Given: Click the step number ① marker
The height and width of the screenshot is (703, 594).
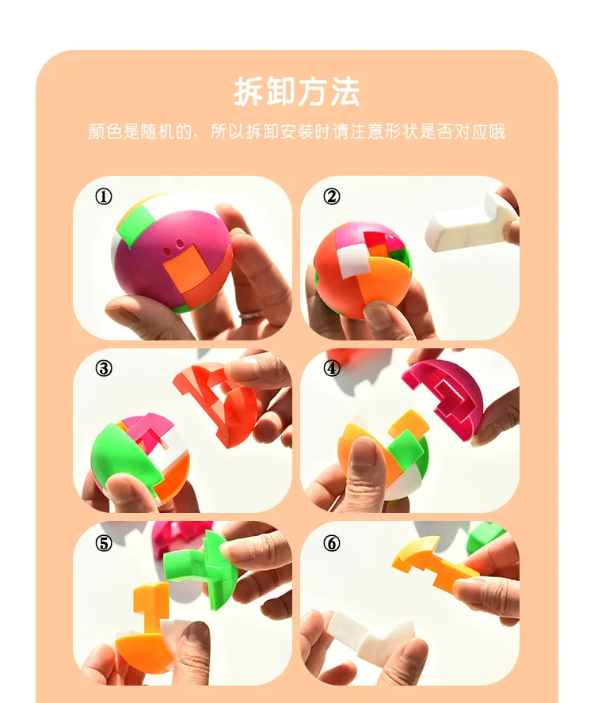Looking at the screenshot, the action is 104,196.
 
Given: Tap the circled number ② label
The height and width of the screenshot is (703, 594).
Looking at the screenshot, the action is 332,196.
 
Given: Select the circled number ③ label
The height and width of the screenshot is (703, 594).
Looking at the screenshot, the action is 104,369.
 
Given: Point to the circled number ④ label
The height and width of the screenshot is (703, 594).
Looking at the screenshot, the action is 332,369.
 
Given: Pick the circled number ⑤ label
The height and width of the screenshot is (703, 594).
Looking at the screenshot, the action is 104,543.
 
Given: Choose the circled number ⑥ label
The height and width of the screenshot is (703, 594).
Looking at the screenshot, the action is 332,543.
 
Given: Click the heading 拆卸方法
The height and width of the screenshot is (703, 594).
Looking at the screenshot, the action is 296,92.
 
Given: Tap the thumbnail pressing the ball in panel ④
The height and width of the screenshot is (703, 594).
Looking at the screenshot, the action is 363,453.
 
